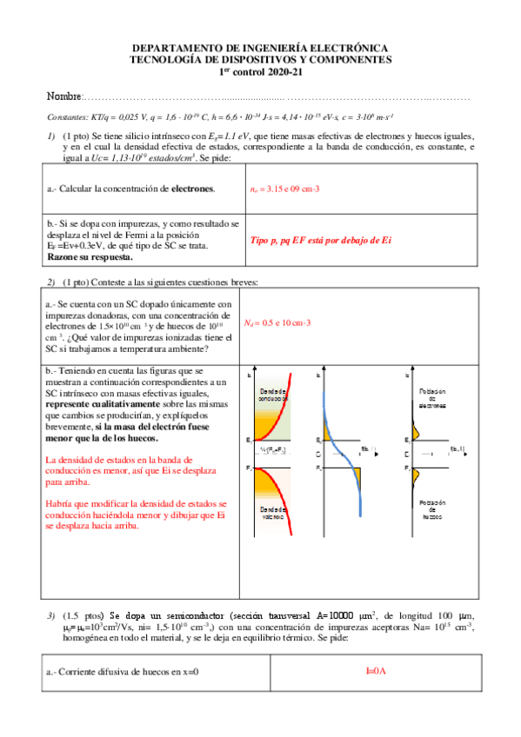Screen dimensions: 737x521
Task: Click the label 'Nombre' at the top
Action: (63, 95)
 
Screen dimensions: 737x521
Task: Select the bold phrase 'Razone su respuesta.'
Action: (90, 257)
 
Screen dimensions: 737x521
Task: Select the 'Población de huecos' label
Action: (432, 509)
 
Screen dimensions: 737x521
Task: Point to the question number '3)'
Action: (51, 615)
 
